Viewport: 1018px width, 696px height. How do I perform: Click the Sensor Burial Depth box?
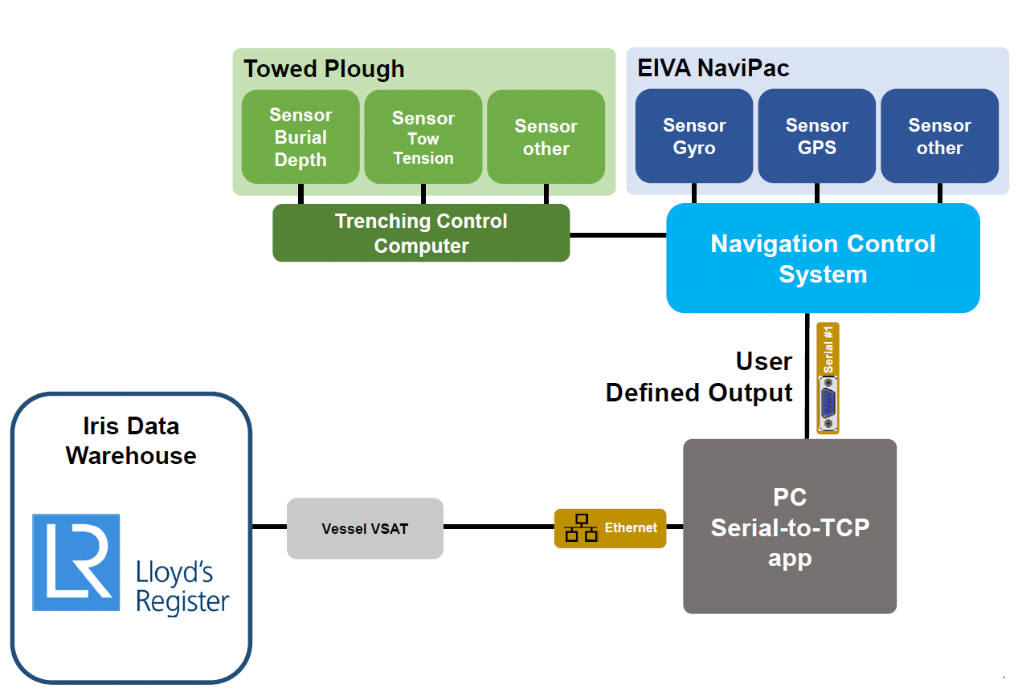[300, 136]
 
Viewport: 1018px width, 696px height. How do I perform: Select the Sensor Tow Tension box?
[423, 136]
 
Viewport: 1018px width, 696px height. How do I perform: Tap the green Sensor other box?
[546, 136]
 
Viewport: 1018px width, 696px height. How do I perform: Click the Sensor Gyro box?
[694, 136]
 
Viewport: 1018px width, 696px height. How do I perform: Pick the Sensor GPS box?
[817, 136]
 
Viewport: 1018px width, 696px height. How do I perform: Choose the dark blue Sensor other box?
[940, 136]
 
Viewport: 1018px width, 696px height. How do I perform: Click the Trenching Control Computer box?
[421, 233]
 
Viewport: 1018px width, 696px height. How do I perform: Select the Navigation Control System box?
[823, 258]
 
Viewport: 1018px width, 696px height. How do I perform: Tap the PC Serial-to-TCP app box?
[790, 527]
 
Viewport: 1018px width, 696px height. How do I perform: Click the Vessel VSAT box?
[365, 528]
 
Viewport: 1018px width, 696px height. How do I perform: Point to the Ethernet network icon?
[581, 528]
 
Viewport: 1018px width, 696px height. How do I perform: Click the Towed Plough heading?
[324, 69]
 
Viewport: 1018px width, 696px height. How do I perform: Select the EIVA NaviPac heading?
[713, 68]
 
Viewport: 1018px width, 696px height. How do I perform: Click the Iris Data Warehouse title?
[131, 441]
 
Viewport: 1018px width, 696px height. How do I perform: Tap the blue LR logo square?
[76, 562]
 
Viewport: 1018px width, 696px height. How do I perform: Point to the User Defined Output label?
[699, 377]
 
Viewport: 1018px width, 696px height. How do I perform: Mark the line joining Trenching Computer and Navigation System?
[618, 235]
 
